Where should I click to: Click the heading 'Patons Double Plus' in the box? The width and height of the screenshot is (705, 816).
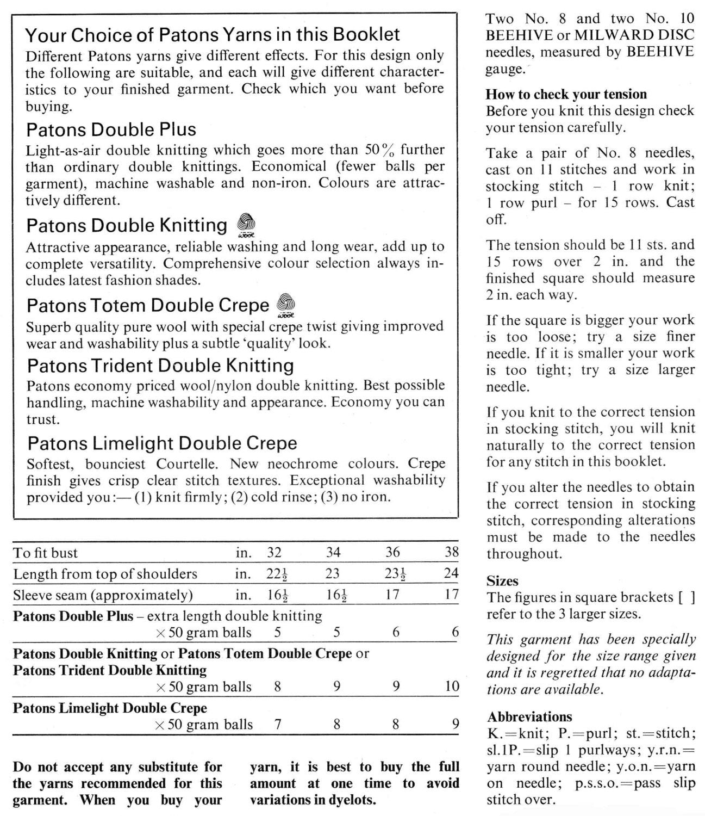tap(111, 130)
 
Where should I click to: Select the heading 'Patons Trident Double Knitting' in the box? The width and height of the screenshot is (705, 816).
tap(160, 365)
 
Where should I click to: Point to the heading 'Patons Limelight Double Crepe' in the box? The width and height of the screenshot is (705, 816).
tap(162, 443)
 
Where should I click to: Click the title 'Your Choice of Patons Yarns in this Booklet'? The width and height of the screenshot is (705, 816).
tap(213, 35)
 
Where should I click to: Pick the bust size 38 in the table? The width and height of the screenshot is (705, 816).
tap(452, 553)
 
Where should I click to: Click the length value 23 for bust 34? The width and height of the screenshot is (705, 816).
tap(332, 573)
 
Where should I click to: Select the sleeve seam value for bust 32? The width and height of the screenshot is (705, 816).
tap(277, 595)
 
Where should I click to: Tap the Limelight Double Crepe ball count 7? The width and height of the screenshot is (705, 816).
tap(277, 725)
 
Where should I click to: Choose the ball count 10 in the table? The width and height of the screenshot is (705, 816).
tap(452, 686)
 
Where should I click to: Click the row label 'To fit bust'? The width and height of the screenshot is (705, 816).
tap(46, 553)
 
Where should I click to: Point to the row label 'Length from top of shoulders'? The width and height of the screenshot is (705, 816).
tap(105, 574)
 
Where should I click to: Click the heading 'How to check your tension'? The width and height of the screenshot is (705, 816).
tap(566, 94)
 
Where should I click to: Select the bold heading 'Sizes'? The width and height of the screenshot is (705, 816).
tap(502, 581)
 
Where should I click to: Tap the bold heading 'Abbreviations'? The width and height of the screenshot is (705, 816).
tap(529, 716)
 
